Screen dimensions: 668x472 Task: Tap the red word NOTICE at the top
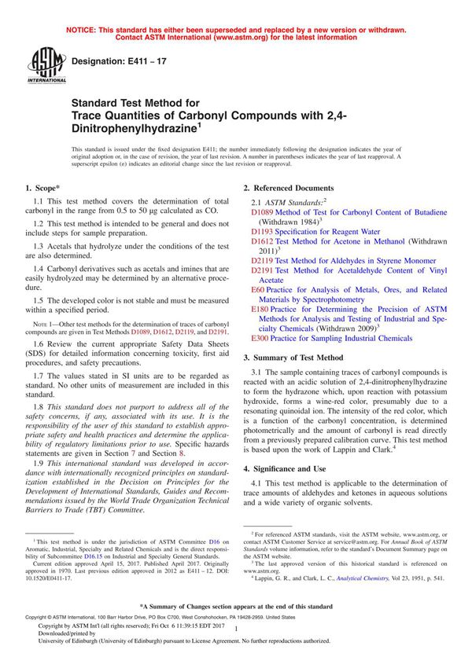pos(83,30)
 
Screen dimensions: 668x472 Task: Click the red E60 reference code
pos(258,290)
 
